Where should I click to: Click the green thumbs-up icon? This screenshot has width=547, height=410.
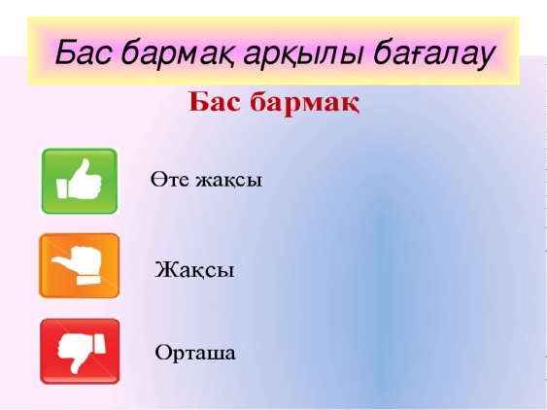[x=80, y=181]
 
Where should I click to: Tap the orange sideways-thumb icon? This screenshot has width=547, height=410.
[x=80, y=266]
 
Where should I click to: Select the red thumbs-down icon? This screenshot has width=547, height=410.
[x=80, y=352]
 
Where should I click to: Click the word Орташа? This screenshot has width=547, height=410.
[x=195, y=353]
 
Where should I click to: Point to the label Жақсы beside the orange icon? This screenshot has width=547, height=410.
[x=194, y=269]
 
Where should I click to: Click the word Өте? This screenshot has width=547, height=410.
[x=170, y=180]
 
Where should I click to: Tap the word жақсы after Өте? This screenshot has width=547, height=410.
[x=228, y=181]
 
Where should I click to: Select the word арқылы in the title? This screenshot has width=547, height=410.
[x=302, y=55]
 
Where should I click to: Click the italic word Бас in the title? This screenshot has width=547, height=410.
[x=85, y=51]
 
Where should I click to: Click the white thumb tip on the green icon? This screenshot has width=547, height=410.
[x=85, y=162]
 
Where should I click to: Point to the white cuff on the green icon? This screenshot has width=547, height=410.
[x=62, y=188]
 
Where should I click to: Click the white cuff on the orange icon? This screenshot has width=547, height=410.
[x=88, y=280]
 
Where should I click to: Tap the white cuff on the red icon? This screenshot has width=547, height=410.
[x=99, y=343]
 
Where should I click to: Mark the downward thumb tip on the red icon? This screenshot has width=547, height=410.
[x=75, y=370]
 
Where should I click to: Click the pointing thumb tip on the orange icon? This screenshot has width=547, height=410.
[x=55, y=259]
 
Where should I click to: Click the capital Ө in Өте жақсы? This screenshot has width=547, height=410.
[x=157, y=180]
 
